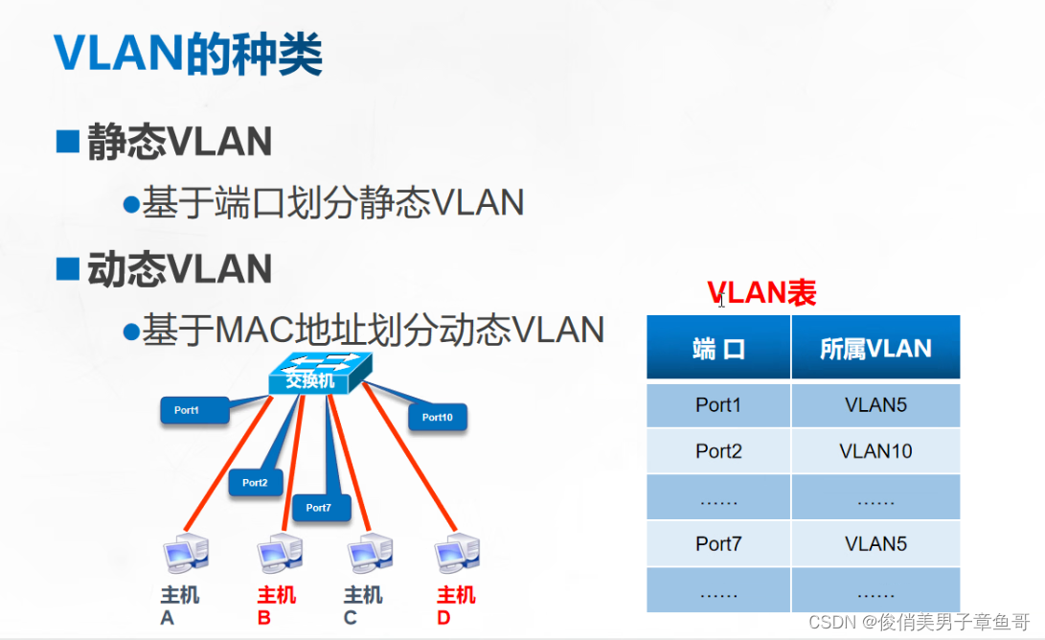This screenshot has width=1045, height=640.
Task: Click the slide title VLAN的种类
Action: [188, 55]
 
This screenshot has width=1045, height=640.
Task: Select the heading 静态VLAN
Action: [179, 143]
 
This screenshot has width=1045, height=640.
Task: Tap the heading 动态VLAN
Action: [179, 269]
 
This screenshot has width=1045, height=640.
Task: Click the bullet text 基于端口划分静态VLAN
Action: [332, 203]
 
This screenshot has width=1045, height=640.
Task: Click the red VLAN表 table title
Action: [761, 293]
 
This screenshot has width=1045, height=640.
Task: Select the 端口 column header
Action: [718, 348]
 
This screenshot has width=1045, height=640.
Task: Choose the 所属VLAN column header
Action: [875, 348]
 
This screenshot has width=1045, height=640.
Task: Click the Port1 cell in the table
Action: [718, 405]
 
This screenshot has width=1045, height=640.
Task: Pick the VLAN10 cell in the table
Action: [875, 451]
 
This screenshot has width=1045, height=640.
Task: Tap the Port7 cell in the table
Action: [718, 543]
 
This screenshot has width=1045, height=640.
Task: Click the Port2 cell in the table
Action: [718, 451]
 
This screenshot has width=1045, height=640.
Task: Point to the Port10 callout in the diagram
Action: [438, 417]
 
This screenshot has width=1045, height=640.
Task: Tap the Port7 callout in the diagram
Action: [320, 507]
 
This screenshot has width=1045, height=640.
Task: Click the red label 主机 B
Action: [278, 606]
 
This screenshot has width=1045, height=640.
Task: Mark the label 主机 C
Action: [363, 606]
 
